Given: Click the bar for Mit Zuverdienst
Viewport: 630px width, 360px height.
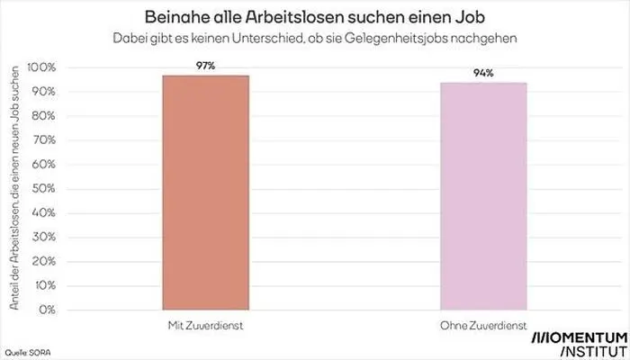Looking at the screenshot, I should point(205,193).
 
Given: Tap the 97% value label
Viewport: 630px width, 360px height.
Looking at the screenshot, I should point(205,65).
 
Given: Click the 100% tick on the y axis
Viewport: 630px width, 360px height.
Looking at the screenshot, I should point(42,68).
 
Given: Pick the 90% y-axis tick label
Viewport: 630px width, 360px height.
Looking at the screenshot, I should point(44,93).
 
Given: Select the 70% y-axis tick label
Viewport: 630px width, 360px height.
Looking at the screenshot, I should point(44,140).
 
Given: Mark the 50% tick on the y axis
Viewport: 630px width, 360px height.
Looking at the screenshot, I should point(44,189).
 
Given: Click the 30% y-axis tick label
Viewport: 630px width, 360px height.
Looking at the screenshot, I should point(44,238).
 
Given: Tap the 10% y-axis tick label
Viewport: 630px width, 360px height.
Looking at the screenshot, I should point(44,285).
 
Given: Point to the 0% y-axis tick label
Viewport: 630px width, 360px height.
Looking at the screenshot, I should point(47,310).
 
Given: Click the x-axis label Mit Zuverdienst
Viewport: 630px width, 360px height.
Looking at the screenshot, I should point(205,325).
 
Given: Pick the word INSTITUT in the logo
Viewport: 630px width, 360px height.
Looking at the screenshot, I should point(592,349).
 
